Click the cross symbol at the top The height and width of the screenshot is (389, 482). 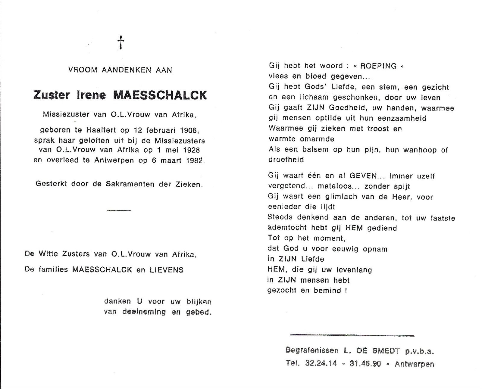[121, 42]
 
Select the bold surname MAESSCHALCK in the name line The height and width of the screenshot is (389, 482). [160, 95]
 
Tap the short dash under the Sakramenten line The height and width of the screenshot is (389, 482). [119, 210]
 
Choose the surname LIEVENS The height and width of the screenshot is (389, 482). [167, 270]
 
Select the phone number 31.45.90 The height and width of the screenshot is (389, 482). [365, 364]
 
